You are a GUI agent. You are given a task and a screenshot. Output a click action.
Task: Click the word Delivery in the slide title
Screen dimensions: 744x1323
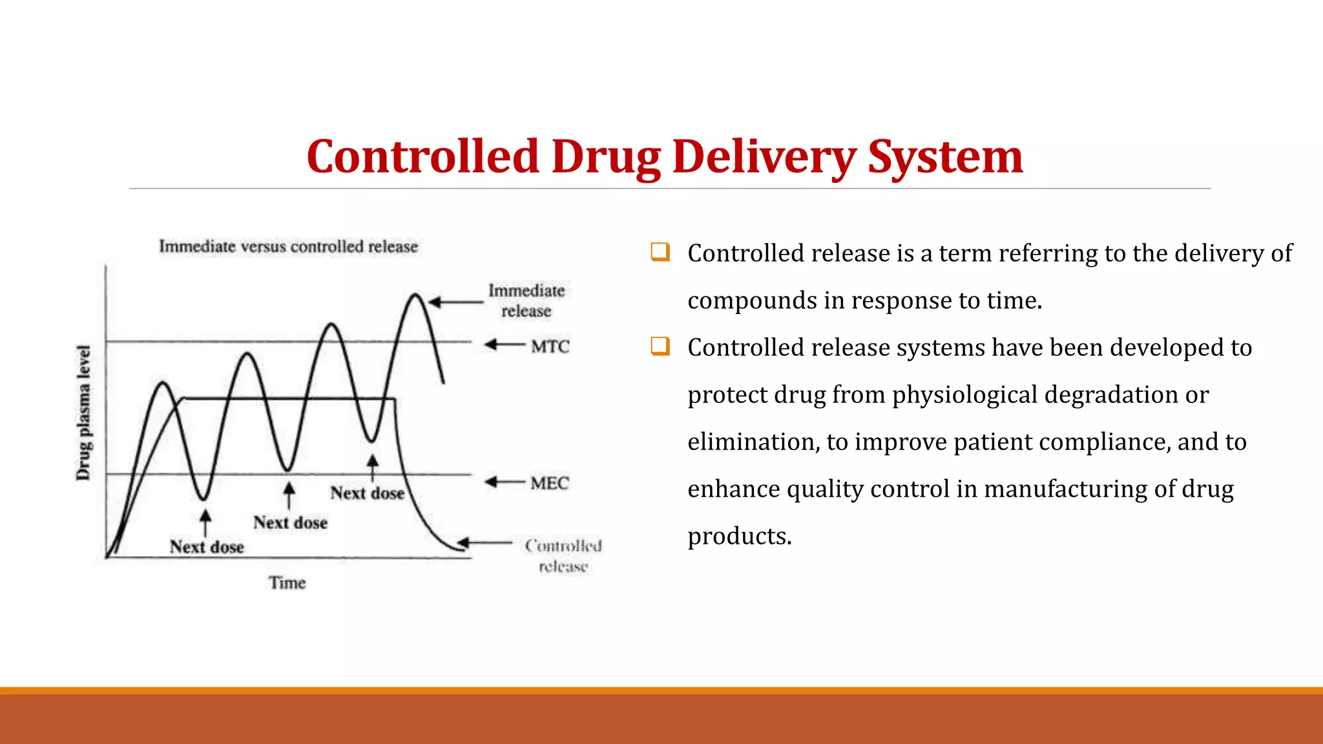(x=764, y=157)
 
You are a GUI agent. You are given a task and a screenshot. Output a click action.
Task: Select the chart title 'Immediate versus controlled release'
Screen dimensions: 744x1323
(x=288, y=247)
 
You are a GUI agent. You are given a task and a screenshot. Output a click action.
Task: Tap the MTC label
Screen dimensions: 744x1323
(x=550, y=347)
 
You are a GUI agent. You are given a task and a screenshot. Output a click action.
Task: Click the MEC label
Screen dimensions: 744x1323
(x=549, y=483)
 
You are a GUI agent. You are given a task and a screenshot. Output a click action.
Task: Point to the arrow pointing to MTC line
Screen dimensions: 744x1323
(x=505, y=345)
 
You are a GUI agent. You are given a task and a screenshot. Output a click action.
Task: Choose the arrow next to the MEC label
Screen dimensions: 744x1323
(x=505, y=482)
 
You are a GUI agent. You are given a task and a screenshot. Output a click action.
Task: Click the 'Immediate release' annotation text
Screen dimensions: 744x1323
(x=526, y=300)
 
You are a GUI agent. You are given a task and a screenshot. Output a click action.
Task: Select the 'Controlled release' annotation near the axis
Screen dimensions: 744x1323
(x=563, y=555)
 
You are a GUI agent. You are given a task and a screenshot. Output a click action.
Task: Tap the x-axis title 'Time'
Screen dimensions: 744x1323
(x=287, y=583)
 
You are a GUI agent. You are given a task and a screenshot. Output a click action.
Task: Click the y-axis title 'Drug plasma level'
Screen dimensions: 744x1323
(x=83, y=413)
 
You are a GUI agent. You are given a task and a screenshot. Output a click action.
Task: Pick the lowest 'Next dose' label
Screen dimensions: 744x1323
(x=207, y=547)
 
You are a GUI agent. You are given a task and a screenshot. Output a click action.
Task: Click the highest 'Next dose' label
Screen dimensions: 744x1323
(x=367, y=493)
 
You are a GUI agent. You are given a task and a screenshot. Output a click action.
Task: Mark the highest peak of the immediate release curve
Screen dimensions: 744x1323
(x=415, y=295)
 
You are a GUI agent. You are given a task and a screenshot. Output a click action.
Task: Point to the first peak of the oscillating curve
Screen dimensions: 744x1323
(x=163, y=383)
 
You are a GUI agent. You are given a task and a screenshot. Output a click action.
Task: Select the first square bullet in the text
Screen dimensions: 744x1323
(x=660, y=252)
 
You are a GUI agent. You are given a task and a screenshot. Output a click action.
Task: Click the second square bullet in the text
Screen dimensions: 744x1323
(x=660, y=346)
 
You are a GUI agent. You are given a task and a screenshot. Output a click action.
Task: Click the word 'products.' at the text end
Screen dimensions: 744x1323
(x=739, y=537)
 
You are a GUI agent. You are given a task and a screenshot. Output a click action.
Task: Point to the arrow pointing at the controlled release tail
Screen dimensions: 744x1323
(x=484, y=543)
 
